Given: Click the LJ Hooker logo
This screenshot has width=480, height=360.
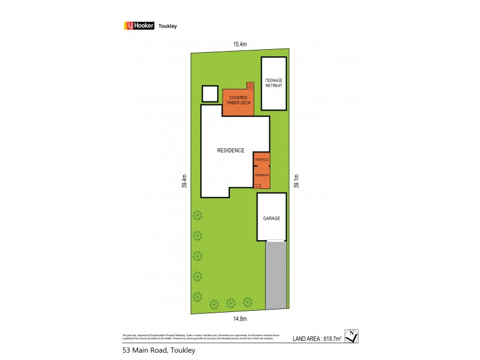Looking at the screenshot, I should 139,26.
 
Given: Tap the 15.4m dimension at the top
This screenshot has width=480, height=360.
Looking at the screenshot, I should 240,44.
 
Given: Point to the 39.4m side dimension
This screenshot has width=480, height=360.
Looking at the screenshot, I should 185,181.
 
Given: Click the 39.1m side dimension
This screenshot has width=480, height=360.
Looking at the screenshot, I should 296,181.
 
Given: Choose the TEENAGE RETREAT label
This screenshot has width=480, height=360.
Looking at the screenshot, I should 274,83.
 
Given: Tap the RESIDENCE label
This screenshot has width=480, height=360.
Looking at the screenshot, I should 230,150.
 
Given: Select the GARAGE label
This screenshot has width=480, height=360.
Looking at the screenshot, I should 271,218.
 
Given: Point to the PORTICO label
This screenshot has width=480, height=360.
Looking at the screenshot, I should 261,160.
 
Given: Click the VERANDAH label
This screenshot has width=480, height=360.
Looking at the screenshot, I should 261,174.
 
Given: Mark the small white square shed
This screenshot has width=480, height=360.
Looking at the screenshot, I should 210,94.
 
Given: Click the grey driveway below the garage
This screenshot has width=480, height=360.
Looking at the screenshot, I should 276,275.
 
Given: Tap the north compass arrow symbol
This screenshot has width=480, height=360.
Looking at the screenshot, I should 352,337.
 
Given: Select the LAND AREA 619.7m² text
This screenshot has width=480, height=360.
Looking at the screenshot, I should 317,339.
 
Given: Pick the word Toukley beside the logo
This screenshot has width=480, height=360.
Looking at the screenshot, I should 167,26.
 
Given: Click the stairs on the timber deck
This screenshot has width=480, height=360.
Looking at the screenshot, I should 250,86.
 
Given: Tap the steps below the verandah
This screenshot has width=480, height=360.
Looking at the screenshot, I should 257,187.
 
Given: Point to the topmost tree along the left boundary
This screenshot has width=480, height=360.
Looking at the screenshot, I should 197,215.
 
